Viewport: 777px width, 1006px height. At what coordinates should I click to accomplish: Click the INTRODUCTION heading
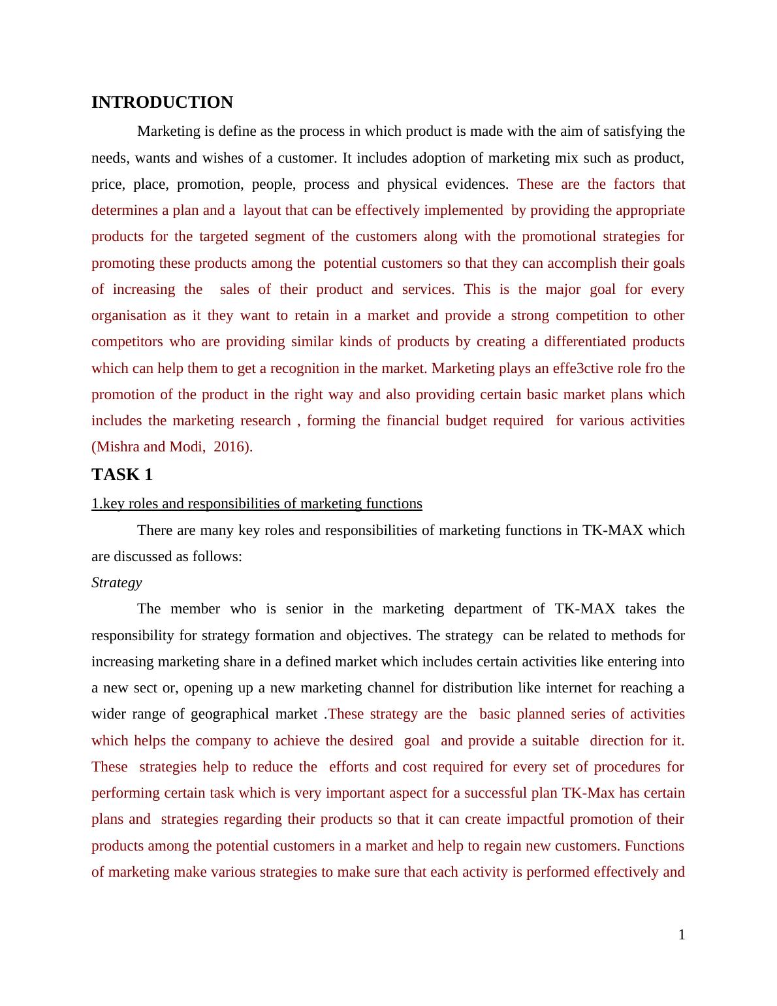coord(162,103)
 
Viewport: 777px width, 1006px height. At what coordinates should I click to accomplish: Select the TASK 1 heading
coord(122,475)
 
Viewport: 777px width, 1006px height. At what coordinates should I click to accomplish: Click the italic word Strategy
coord(116,583)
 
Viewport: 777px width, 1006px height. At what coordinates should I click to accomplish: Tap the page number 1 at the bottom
coord(682,935)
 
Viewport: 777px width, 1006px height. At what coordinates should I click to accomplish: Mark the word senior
coord(303,609)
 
